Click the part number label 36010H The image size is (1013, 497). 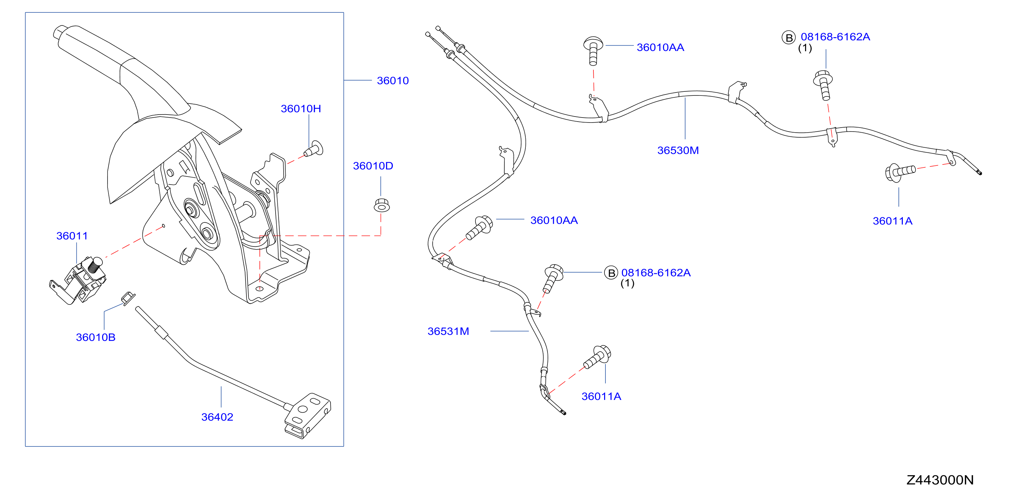coord(301,109)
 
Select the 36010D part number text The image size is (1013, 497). coord(373,166)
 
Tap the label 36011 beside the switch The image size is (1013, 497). coord(72,236)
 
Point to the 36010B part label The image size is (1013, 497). coord(95,337)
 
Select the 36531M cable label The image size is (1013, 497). coord(448,332)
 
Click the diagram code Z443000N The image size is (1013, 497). coord(940,480)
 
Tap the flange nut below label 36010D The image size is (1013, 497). coord(381,205)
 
